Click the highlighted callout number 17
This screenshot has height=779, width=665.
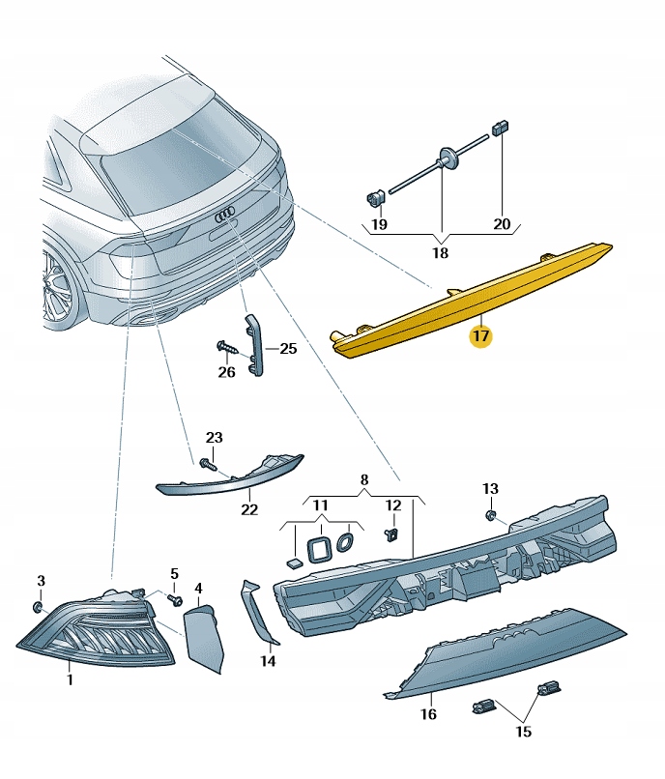click(x=480, y=336)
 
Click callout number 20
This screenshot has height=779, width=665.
click(x=502, y=224)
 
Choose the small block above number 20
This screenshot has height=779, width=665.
click(x=501, y=127)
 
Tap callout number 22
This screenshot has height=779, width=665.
click(x=249, y=508)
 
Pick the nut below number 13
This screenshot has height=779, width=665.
click(x=490, y=517)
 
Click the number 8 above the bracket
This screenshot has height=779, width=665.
click(x=364, y=479)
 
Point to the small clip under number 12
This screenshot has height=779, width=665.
click(x=391, y=534)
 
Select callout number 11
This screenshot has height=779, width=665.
click(x=320, y=505)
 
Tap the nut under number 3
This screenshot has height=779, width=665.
click(x=39, y=606)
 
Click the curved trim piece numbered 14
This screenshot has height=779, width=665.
click(x=261, y=614)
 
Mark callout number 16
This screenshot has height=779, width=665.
click(x=428, y=714)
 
